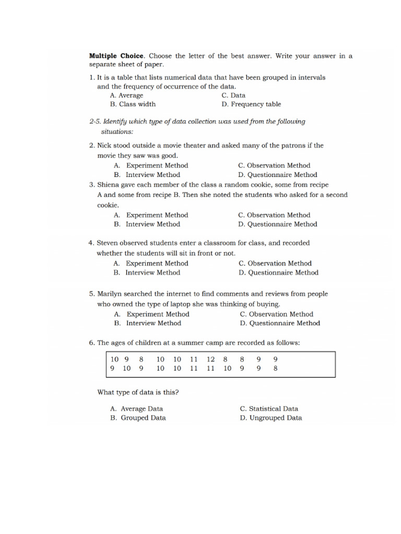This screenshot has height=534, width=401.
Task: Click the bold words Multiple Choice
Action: pos(116,55)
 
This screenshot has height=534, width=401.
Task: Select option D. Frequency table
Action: pos(251,104)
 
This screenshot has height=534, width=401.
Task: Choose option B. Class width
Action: pos(133,104)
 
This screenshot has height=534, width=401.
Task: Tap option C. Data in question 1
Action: pos(233,95)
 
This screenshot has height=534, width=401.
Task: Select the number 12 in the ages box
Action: pos(211,359)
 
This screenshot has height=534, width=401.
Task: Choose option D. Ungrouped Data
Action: pos(270,418)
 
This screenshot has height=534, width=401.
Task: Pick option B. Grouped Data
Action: pos(138,418)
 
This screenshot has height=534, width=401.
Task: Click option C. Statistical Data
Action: pos(269,409)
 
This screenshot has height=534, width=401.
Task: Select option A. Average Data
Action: pos(136,409)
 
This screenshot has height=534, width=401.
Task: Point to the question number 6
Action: pos(91,343)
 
